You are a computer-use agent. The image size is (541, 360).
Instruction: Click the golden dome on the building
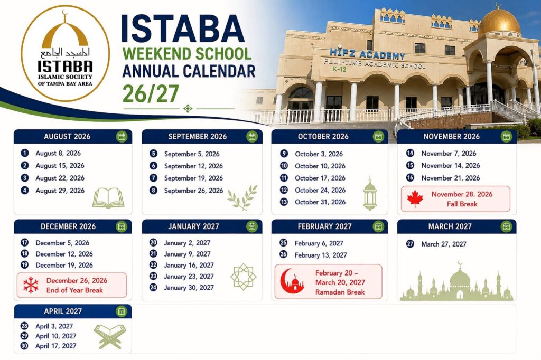pyautogui.click(x=499, y=22)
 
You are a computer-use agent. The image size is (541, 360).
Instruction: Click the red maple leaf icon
pyautogui.click(x=415, y=198)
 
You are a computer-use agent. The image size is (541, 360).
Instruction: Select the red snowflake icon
pyautogui.click(x=31, y=285)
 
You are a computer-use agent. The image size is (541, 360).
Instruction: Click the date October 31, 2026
pyautogui.click(x=320, y=202)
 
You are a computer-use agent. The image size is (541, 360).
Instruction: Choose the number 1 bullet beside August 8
pyautogui.click(x=24, y=153)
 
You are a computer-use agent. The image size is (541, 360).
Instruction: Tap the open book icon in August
pyautogui.click(x=108, y=198)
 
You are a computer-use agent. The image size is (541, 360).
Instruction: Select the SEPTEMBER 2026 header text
pyautogui.click(x=198, y=137)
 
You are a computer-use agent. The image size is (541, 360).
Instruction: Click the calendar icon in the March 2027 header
pyautogui.click(x=506, y=226)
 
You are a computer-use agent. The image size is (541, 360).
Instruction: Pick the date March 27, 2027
pyautogui.click(x=443, y=244)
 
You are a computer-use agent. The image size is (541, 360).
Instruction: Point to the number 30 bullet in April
pyautogui.click(x=24, y=346)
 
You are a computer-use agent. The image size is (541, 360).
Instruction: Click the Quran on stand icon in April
pyautogui.click(x=110, y=336)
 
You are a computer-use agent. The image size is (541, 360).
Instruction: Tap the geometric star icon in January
pyautogui.click(x=243, y=277)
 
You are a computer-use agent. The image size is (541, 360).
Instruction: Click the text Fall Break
pyautogui.click(x=462, y=204)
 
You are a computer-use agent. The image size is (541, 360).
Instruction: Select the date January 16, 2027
pyautogui.click(x=189, y=265)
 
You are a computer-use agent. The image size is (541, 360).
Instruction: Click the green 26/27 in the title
pyautogui.click(x=151, y=94)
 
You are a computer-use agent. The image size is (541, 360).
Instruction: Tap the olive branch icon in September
pyautogui.click(x=242, y=198)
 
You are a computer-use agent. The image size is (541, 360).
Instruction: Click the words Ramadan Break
pyautogui.click(x=340, y=292)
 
